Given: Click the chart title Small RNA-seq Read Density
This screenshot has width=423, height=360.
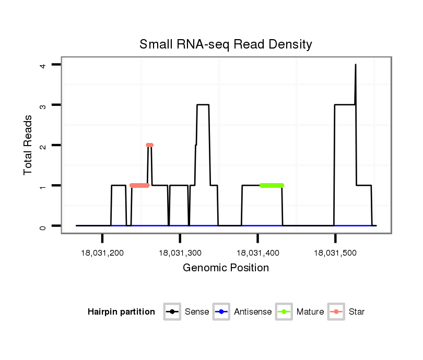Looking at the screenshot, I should [226, 44].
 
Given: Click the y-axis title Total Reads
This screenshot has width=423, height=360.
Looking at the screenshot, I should [28, 145].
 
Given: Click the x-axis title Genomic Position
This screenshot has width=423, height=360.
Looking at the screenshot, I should [226, 268].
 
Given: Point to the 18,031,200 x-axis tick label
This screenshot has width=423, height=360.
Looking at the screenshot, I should [102, 253].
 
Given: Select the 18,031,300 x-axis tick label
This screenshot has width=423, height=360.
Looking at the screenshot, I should [180, 253].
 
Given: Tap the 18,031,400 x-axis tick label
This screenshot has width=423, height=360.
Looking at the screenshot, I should [257, 253].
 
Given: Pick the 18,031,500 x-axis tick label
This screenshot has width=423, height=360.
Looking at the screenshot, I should [335, 253].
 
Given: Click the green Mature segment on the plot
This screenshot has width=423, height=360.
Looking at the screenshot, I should [272, 185].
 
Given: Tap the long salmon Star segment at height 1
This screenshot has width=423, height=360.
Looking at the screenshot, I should [139, 185].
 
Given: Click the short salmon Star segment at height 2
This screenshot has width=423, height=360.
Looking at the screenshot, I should [150, 145].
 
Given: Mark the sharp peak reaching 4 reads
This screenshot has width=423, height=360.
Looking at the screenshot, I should [356, 66].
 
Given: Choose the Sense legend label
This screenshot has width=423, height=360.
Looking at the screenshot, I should [197, 312].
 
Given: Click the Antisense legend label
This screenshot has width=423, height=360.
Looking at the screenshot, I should [253, 312].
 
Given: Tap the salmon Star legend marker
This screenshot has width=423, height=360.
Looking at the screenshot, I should [336, 312].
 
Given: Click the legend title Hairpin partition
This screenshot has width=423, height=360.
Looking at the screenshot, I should [121, 312].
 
